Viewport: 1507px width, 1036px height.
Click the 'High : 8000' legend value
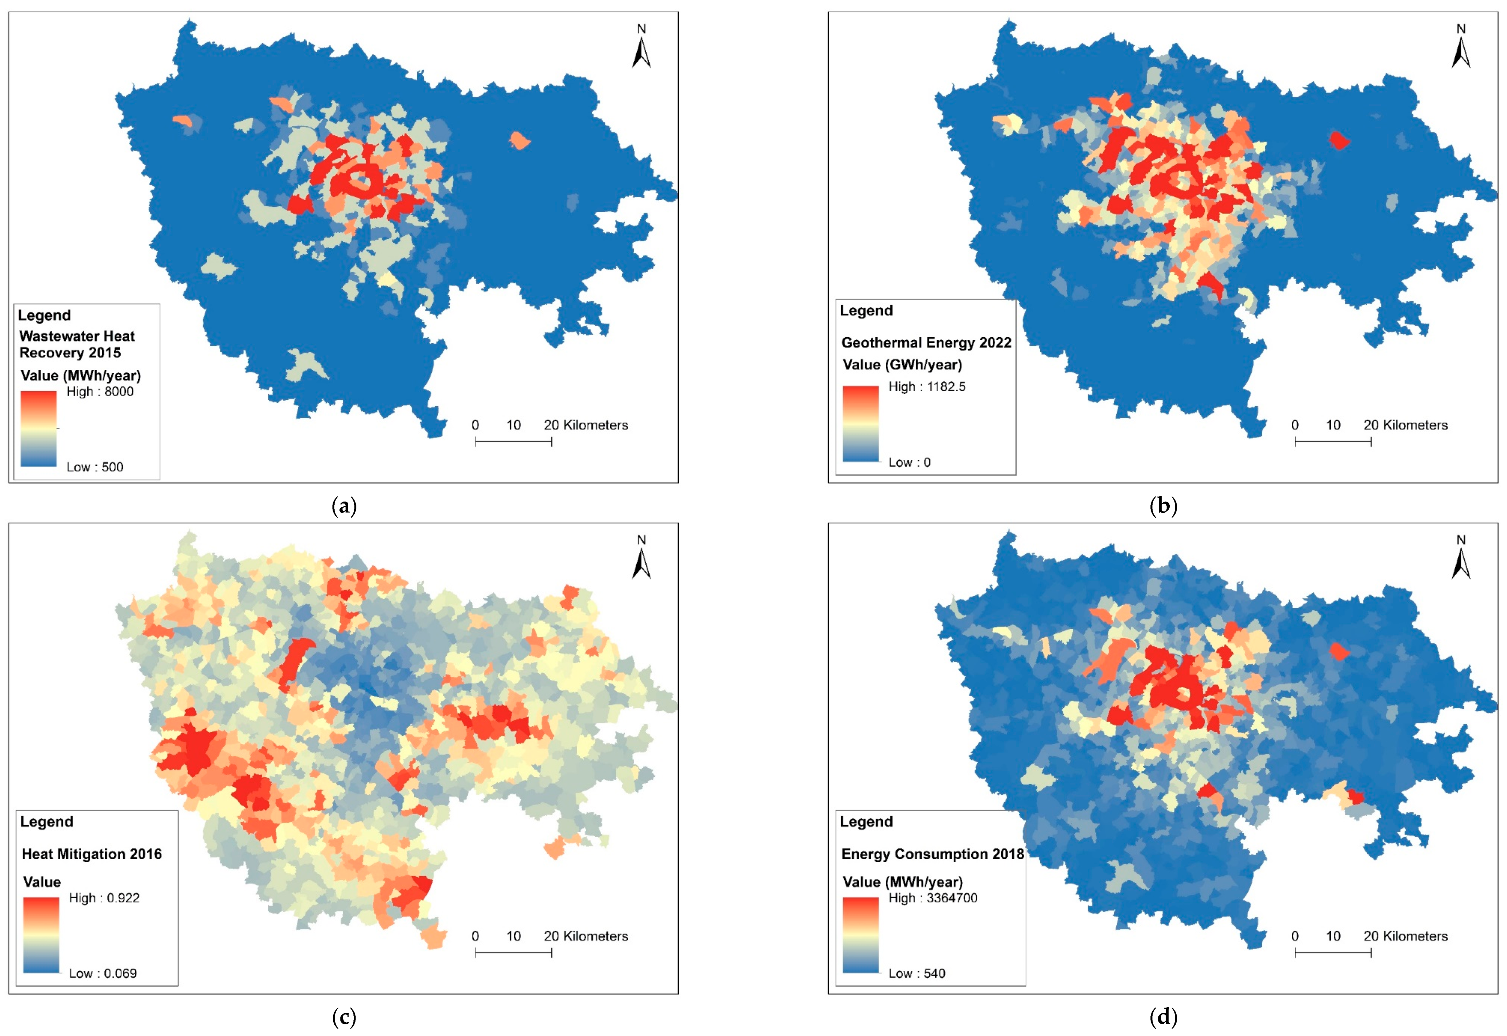coord(100,391)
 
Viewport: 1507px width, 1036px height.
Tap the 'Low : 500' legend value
coord(95,467)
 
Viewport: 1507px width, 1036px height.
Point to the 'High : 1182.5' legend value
coord(927,386)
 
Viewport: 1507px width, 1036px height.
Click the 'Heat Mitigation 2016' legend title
coord(92,854)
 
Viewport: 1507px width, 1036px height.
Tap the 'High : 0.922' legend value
coord(104,898)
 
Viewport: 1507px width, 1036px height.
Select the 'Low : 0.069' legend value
coord(103,973)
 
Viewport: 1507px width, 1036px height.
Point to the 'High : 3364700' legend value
coord(933,898)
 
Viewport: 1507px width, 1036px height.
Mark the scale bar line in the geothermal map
coord(1333,442)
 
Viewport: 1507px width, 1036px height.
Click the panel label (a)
coord(344,506)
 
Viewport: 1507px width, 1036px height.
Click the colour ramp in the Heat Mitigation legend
coord(41,935)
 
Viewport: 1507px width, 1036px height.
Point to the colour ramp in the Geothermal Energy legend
coord(860,423)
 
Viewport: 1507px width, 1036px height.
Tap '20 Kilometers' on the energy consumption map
coord(1406,936)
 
